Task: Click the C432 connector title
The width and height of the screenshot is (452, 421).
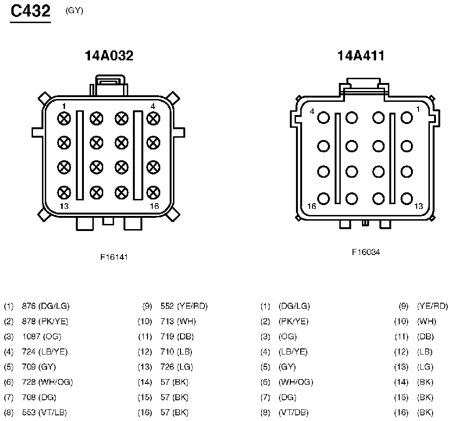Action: click(31, 11)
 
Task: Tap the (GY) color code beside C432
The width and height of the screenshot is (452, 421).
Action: click(74, 11)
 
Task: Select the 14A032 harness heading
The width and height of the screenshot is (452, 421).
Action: click(109, 56)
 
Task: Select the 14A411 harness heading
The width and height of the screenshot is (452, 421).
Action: click(361, 56)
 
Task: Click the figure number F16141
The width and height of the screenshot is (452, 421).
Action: click(114, 257)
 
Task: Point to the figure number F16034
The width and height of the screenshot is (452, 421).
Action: click(366, 252)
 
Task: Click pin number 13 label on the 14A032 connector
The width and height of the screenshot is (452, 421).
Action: click(64, 206)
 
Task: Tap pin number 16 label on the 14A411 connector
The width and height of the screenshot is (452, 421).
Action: click(312, 206)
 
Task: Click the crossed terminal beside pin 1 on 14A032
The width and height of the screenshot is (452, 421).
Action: click(64, 118)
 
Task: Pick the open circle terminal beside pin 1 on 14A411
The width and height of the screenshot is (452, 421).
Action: click(407, 118)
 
